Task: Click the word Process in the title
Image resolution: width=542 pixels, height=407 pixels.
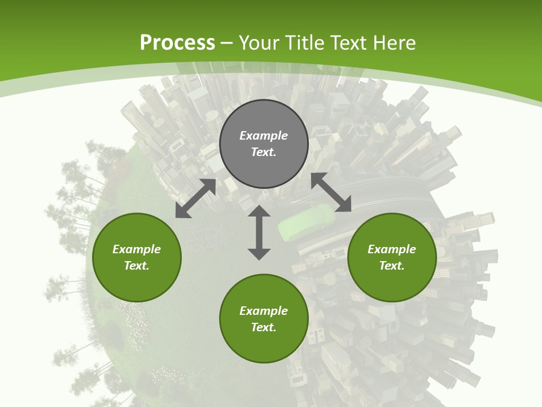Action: pos(177,42)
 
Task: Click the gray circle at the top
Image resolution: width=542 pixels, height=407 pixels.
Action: pos(264,144)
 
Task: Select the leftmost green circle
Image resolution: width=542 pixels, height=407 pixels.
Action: pos(137,257)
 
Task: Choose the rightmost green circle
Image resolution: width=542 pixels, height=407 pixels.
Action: pos(392,257)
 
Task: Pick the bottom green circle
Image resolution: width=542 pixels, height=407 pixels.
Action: pos(264,318)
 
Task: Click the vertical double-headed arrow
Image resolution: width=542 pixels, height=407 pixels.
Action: pos(259,232)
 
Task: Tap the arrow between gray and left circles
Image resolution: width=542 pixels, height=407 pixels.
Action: pos(195,198)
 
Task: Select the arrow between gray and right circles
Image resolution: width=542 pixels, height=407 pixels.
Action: pos(331,192)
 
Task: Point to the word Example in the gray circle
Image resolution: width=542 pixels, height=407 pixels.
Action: pos(264,136)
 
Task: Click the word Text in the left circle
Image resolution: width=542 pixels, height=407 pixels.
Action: pos(137,266)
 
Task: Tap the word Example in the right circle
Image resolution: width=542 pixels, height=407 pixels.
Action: pos(392,249)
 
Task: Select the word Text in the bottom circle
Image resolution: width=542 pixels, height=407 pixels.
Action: pos(264,327)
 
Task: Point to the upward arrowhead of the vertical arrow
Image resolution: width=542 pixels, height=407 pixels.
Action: pos(259,211)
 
